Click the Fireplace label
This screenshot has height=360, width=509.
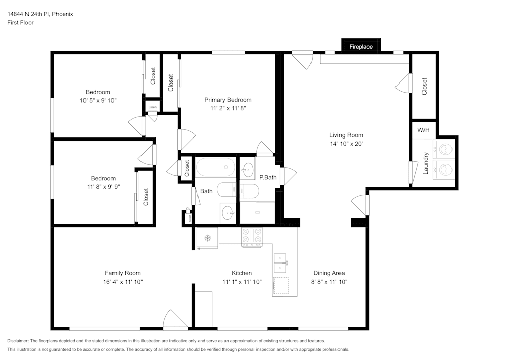(360, 47)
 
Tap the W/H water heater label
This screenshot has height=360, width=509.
(423, 130)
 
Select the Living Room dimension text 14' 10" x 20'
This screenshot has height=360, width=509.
(346, 144)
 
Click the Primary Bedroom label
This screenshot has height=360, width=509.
(228, 100)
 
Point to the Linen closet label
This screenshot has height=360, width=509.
(152, 107)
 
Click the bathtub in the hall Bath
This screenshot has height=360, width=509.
(216, 167)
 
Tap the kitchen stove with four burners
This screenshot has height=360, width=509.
(252, 237)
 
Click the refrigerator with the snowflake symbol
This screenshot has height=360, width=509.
(207, 238)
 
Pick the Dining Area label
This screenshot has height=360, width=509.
(329, 273)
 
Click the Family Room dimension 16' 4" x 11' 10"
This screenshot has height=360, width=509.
(123, 282)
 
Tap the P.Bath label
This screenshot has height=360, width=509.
(267, 178)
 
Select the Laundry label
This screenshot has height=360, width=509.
(426, 163)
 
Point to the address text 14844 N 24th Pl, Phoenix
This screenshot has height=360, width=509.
(40, 14)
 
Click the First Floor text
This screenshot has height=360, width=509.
(20, 23)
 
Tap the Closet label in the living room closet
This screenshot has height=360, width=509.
(424, 87)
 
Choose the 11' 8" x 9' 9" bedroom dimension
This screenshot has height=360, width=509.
(103, 186)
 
